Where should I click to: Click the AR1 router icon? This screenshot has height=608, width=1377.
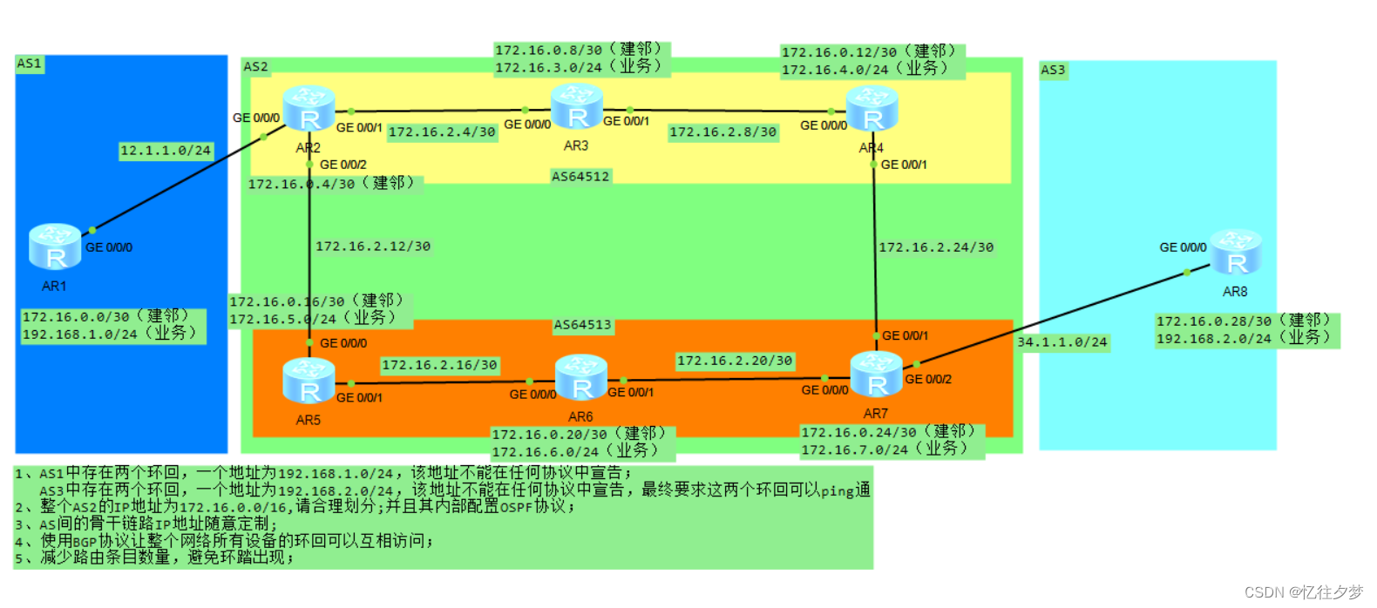[55, 247]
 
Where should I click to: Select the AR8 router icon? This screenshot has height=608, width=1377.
[1236, 252]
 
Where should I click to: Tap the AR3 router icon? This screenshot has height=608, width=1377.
[576, 107]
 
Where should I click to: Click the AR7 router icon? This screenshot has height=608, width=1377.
[876, 375]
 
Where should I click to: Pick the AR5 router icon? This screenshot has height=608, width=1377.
[309, 382]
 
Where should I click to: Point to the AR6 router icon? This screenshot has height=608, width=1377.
[581, 377]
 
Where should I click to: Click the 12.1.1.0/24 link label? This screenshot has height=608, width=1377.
[166, 151]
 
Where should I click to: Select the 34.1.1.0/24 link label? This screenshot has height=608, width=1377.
[1062, 342]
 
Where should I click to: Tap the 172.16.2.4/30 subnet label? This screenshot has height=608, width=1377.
[442, 132]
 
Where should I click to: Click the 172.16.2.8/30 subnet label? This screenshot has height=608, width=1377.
[722, 132]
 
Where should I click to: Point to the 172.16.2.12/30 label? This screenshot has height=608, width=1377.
[373, 247]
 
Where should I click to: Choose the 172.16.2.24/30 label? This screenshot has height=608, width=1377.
[936, 247]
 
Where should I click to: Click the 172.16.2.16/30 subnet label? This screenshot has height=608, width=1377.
[439, 365]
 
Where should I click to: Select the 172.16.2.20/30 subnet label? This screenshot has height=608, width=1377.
[735, 361]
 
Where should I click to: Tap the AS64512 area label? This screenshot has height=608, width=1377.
[580, 177]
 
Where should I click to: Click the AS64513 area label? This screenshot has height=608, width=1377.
[583, 325]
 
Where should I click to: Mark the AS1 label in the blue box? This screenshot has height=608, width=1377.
[29, 64]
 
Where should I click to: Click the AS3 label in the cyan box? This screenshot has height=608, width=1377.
[1053, 70]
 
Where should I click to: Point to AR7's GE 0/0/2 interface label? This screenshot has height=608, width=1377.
[928, 379]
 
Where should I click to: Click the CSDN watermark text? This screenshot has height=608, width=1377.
[1303, 592]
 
